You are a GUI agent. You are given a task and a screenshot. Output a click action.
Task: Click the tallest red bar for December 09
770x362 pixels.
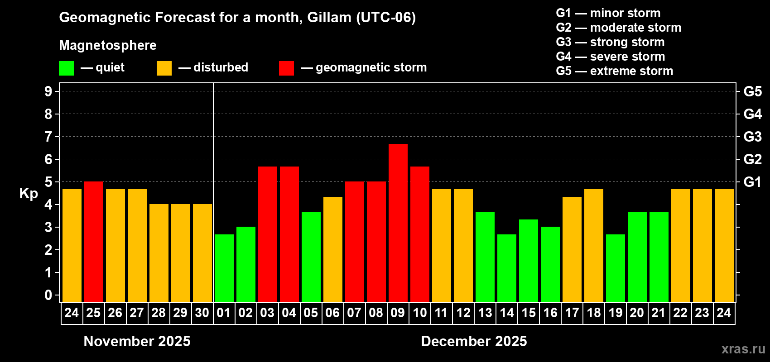coord(398,223)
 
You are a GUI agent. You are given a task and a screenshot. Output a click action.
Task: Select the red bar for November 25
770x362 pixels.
coord(94,242)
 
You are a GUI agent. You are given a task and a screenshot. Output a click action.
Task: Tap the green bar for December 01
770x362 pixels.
coord(224,268)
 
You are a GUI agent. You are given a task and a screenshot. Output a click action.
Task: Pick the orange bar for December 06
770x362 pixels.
coord(333,249)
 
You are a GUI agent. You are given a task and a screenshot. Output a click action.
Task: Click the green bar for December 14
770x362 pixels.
coord(507,268)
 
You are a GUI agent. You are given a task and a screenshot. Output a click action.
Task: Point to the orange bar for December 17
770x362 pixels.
coord(572,249)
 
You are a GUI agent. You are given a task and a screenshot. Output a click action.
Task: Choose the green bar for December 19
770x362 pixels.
coord(616,268)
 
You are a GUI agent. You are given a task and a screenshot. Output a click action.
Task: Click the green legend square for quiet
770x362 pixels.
coord(67,68)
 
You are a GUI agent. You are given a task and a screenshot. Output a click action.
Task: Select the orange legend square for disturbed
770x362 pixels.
coord(164,68)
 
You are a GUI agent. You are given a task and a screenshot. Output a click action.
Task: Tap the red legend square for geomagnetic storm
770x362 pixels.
coord(286,68)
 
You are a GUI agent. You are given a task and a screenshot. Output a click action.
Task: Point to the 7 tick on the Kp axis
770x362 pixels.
coord(48,137)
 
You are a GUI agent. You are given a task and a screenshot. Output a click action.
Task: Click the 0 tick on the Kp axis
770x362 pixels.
coord(48,295)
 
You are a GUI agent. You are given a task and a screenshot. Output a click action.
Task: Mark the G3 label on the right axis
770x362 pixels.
coord(752,137)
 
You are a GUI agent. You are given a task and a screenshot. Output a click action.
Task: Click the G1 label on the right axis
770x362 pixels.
coord(752,182)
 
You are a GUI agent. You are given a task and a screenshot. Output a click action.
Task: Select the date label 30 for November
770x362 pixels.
coord(202,313)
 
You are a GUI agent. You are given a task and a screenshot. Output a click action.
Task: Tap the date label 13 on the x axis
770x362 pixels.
coord(485,313)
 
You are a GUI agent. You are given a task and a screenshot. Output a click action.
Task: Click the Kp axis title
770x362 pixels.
coord(29,194)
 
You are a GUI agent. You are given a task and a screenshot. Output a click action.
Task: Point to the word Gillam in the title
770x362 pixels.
coord(329,18)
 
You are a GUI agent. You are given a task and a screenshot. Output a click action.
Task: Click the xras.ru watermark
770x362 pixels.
coord(743,349)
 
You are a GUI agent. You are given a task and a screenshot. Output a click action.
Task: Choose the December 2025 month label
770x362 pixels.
coord(474,341)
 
